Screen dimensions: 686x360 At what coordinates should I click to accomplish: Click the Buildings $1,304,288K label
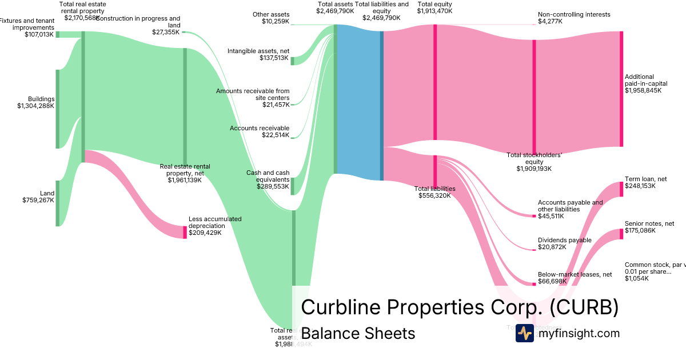pyautogui.click(x=35, y=102)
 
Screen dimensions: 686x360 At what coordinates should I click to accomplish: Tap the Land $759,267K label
pyautogui.click(x=38, y=197)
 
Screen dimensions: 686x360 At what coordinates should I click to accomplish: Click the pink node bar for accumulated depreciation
pyautogui.click(x=185, y=232)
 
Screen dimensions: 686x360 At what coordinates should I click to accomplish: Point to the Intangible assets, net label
pyautogui.click(x=258, y=54)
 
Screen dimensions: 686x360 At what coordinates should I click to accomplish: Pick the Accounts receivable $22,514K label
pyautogui.click(x=260, y=132)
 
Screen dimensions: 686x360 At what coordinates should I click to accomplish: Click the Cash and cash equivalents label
pyautogui.click(x=268, y=179)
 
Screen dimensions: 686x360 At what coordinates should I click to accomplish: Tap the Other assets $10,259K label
pyautogui.click(x=271, y=18)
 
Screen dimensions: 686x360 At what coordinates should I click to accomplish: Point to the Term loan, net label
pyautogui.click(x=645, y=183)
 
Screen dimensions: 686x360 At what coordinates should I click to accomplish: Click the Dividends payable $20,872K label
pyautogui.click(x=564, y=244)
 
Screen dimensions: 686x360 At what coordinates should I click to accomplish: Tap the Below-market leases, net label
pyautogui.click(x=568, y=278)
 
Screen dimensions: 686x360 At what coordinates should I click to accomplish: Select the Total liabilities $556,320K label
pyautogui.click(x=434, y=192)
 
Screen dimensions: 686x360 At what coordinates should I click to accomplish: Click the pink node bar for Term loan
pyautogui.click(x=621, y=189)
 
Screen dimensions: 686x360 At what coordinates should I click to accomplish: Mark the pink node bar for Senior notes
pyautogui.click(x=621, y=234)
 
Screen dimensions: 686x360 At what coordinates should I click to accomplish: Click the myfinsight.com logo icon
pyautogui.click(x=524, y=333)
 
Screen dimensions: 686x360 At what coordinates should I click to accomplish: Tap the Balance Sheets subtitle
pyautogui.click(x=358, y=333)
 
